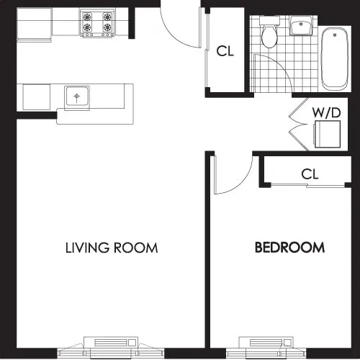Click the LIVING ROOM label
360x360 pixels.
click(112, 248)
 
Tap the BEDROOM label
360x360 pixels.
click(289, 248)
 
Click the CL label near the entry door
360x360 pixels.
click(226, 51)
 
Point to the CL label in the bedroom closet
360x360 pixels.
click(310, 174)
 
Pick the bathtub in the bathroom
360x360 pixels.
click(335, 58)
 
